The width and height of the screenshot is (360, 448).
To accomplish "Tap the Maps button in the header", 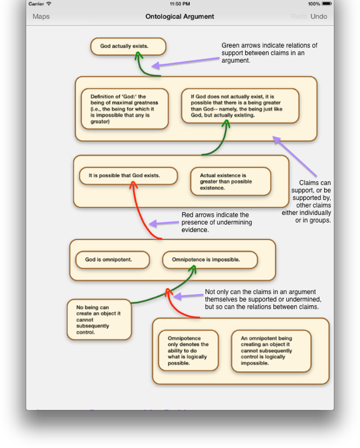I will (x=41, y=16).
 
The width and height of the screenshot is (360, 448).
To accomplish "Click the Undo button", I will (x=319, y=16).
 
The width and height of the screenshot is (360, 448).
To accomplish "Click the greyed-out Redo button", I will (x=299, y=16).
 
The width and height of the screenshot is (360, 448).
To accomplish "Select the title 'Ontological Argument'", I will (x=179, y=16).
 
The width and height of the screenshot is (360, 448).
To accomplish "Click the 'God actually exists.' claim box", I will (x=128, y=46).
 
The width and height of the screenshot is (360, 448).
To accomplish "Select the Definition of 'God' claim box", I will (x=125, y=109).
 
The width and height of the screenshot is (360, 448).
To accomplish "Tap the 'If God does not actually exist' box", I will (x=240, y=106).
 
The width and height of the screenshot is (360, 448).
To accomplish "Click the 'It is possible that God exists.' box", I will (x=128, y=175).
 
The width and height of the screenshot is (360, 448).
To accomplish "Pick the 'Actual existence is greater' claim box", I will (x=231, y=181).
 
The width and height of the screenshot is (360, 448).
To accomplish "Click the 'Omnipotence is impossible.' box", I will (x=210, y=260).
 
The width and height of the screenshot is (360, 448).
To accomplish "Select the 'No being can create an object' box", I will (x=99, y=320).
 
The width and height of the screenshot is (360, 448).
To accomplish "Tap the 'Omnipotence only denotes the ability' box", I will (x=188, y=351).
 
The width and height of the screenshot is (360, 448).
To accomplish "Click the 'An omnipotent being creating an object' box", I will (x=271, y=351).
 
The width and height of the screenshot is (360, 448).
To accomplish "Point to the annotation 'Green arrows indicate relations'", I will (x=269, y=53).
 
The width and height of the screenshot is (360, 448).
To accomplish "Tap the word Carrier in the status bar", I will (x=36, y=3).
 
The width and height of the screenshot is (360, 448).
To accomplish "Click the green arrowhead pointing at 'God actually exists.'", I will (x=138, y=56).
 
